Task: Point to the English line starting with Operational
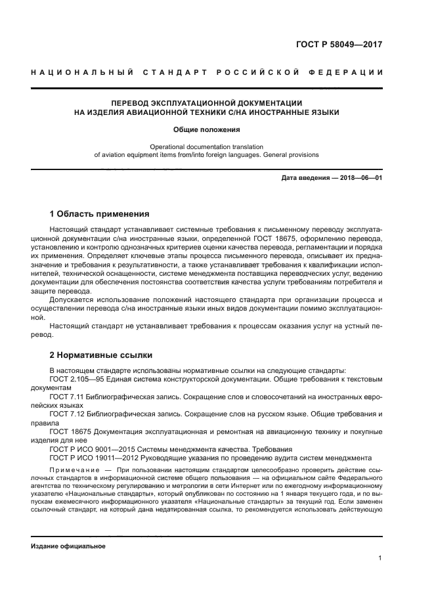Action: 207,146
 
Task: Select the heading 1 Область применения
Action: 100,214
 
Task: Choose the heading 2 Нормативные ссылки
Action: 101,355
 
